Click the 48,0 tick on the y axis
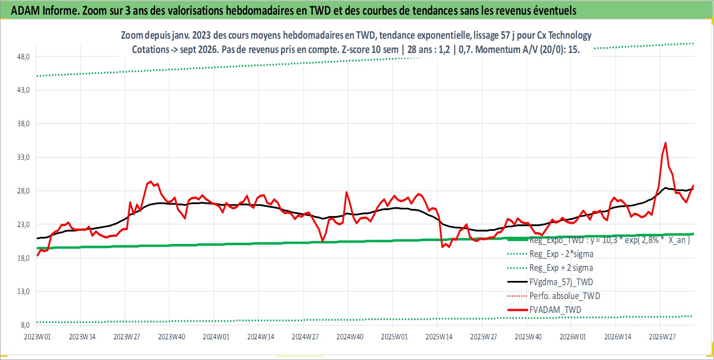[23, 57]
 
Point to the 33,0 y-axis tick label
[23, 157]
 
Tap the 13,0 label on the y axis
[23, 291]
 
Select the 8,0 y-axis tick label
[25, 325]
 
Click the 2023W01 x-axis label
[37, 337]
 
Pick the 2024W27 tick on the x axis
[305, 337]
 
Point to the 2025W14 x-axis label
[439, 337]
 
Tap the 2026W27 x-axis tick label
[662, 337]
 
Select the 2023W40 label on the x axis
[172, 337]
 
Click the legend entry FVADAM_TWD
[555, 310]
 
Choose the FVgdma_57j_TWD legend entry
[561, 282]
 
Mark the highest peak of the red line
[666, 143]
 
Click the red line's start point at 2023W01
[37, 256]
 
